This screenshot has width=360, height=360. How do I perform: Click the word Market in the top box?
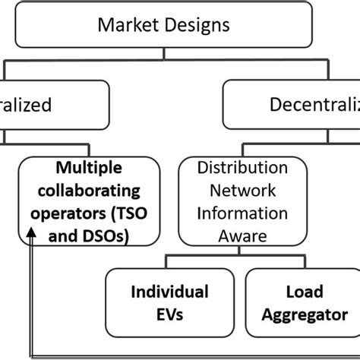(x=125, y=25)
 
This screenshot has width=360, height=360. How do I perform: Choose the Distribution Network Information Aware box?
(x=242, y=202)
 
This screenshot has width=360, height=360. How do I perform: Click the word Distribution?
(x=242, y=167)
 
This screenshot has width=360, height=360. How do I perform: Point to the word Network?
(x=242, y=190)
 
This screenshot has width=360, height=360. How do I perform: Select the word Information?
(x=242, y=213)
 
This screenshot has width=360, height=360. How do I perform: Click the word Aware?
(x=242, y=236)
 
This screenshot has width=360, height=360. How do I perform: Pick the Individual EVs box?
(x=170, y=303)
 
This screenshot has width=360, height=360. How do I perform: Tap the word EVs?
(x=170, y=314)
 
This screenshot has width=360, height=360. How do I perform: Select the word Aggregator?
(x=306, y=314)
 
